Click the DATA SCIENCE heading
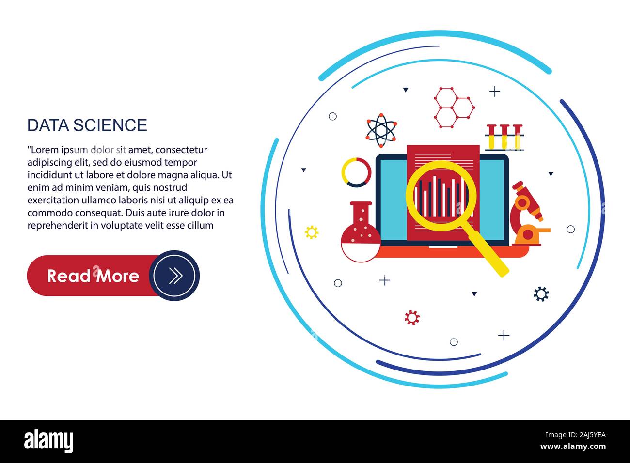tap(87, 125)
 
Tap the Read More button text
tap(93, 276)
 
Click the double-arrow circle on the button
tap(174, 276)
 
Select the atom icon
tap(381, 130)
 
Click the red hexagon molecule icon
tap(454, 108)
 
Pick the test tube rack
tap(504, 138)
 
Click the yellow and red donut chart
tap(356, 172)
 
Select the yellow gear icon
tap(312, 232)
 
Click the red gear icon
tap(412, 318)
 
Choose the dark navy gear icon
tap(541, 293)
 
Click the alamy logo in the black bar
tap(49, 441)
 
